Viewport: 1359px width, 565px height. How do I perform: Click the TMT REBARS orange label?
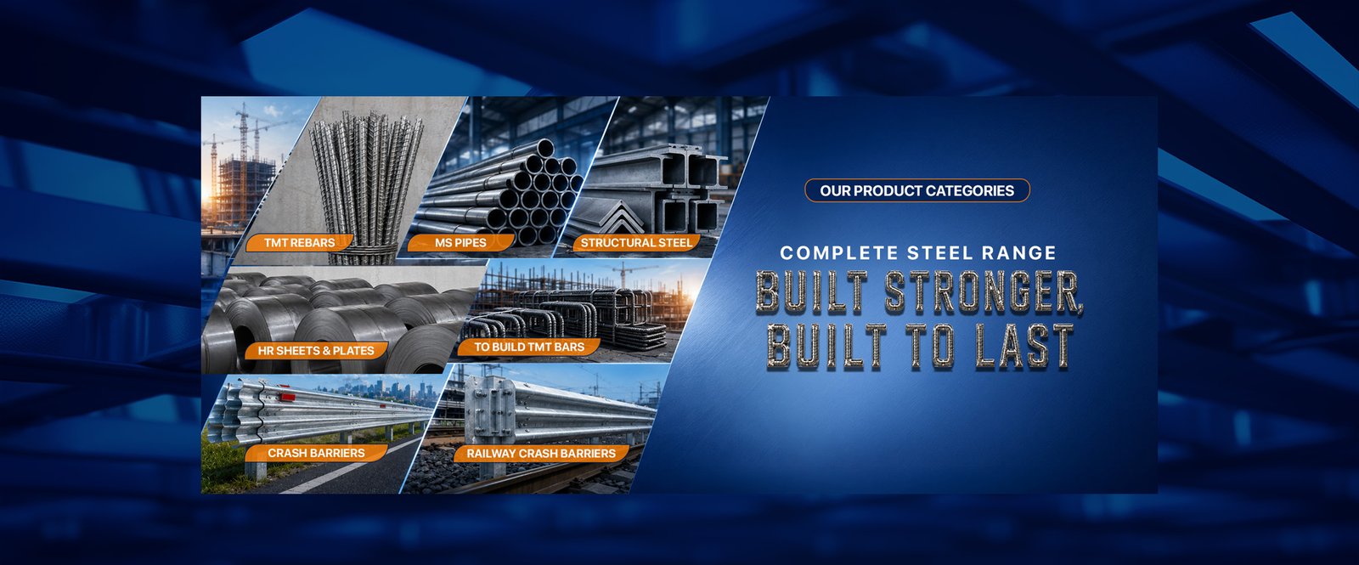pyautogui.click(x=300, y=243)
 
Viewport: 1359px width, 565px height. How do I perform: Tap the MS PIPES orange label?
pyautogui.click(x=460, y=243)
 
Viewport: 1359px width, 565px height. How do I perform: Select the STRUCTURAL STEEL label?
pyautogui.click(x=636, y=243)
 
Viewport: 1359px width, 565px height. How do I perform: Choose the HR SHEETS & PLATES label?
pyautogui.click(x=315, y=350)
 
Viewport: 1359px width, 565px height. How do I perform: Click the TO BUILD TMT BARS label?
pyautogui.click(x=529, y=347)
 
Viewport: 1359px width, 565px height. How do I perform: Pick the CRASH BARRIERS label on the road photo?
pyautogui.click(x=316, y=453)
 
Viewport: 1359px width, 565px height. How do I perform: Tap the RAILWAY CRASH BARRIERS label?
pyautogui.click(x=541, y=454)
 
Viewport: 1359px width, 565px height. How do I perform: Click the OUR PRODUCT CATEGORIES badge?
pyautogui.click(x=916, y=190)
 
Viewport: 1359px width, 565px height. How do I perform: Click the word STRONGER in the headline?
pyautogui.click(x=984, y=292)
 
